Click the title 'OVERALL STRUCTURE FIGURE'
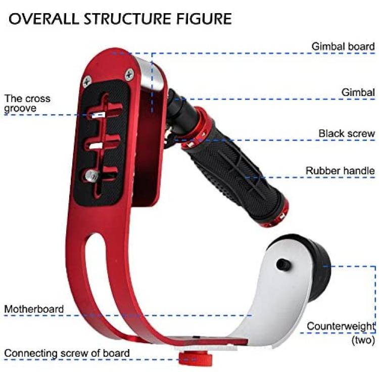(x=120, y=19)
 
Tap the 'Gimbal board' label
(x=343, y=46)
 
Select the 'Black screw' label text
(x=347, y=133)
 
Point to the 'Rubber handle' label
(x=340, y=170)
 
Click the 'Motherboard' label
(x=34, y=309)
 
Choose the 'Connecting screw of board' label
(x=67, y=353)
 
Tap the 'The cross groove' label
(x=27, y=103)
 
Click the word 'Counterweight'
(x=341, y=326)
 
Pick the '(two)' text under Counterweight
(x=363, y=340)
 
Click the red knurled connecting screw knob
(x=195, y=358)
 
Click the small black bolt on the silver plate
(x=283, y=265)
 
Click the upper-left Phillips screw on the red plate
(x=87, y=81)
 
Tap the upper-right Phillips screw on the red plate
(x=129, y=74)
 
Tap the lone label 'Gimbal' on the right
(x=358, y=92)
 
